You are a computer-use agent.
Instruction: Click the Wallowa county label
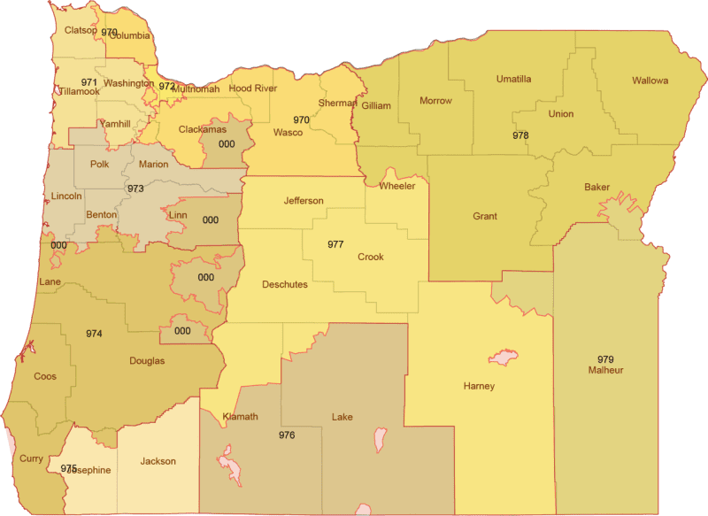click(x=650, y=81)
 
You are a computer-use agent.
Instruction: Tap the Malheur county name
click(x=605, y=370)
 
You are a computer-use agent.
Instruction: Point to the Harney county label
click(x=479, y=386)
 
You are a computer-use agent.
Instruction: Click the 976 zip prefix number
click(x=286, y=435)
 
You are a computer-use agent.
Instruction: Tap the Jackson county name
click(x=158, y=461)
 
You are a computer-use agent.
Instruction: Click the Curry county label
click(x=30, y=459)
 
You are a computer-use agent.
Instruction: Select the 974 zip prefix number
click(x=94, y=334)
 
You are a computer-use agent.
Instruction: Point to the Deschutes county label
click(x=285, y=284)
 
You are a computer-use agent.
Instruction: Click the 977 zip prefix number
click(x=335, y=243)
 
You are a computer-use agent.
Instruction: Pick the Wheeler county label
click(x=396, y=186)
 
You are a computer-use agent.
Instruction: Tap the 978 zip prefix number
click(x=520, y=135)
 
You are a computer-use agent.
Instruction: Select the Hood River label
click(x=252, y=89)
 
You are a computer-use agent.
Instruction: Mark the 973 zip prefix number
click(x=135, y=189)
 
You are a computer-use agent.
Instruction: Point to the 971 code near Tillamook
click(x=89, y=81)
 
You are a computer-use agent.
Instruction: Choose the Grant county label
click(x=485, y=216)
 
